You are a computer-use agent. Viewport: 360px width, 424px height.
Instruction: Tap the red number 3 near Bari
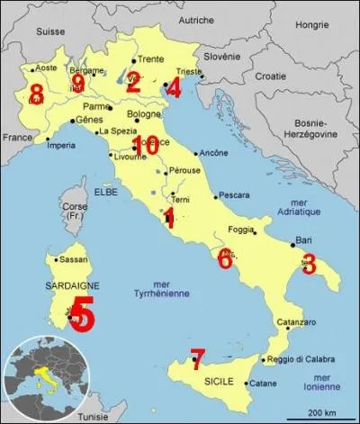pos(309,264)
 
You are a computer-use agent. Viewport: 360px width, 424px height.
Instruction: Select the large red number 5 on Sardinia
pos(81,315)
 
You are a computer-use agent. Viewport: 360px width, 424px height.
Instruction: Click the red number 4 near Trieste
pos(174,87)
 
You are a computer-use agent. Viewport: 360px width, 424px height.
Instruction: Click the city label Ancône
pos(211,152)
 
